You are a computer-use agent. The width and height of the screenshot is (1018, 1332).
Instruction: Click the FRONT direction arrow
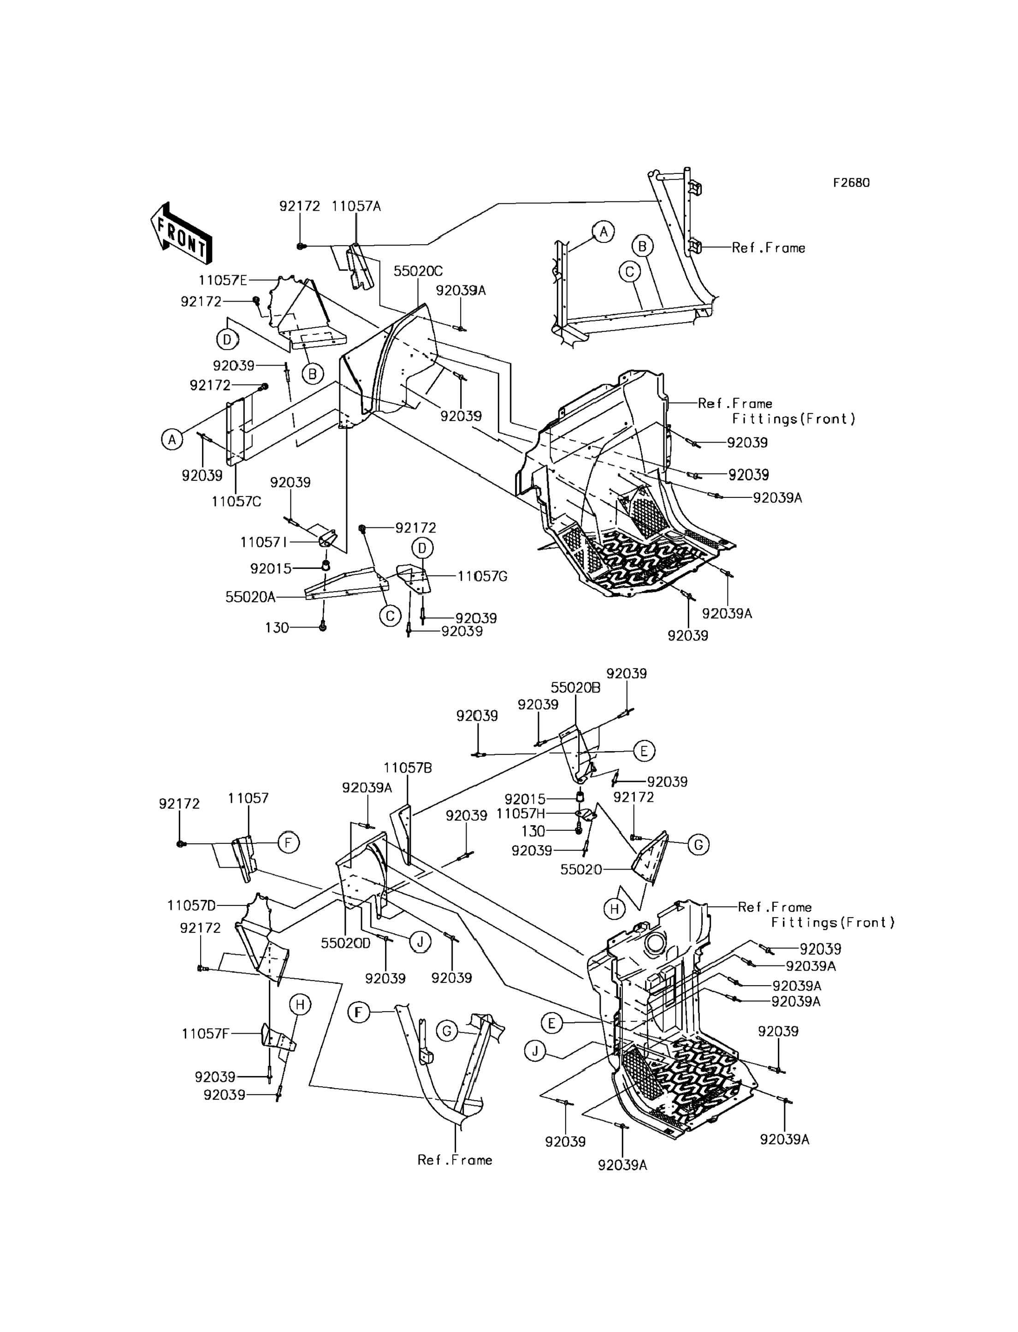(x=181, y=233)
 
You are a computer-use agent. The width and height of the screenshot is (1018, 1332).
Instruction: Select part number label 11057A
(x=356, y=206)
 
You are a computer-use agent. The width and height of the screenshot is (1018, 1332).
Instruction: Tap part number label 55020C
(x=418, y=271)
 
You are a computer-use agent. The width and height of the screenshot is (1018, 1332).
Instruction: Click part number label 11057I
(x=264, y=542)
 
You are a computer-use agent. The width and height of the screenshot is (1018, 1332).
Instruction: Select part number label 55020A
(x=250, y=597)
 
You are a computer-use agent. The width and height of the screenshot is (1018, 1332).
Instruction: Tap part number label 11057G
(x=482, y=576)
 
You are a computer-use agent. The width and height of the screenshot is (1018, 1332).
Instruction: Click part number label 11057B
(x=408, y=768)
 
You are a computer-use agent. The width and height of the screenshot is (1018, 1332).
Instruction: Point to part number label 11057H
(x=521, y=814)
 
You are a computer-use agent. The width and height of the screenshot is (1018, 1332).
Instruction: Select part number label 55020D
(x=345, y=943)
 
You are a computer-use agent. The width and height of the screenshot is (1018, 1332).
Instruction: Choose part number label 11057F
(x=206, y=1033)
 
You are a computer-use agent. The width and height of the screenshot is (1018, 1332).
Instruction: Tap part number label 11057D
(x=191, y=906)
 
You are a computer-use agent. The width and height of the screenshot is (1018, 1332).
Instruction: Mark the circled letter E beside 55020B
(x=644, y=751)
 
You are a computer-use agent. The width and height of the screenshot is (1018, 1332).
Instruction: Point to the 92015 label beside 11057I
(x=271, y=568)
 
